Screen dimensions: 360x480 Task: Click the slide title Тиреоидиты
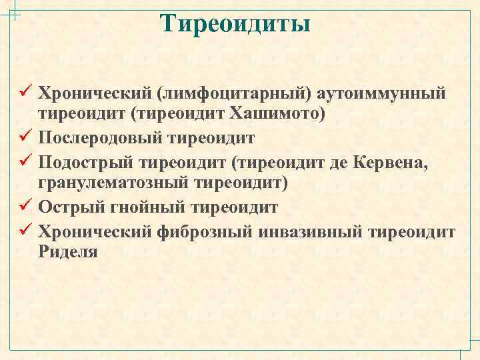(x=236, y=23)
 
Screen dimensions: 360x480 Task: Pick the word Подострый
(x=84, y=161)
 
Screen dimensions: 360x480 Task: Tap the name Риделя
(x=68, y=253)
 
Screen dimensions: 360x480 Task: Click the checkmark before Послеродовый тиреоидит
(x=27, y=137)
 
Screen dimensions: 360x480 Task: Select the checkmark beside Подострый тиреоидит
(x=27, y=160)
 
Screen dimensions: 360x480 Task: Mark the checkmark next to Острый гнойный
(x=27, y=206)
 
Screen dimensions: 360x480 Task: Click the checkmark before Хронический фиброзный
(x=27, y=229)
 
